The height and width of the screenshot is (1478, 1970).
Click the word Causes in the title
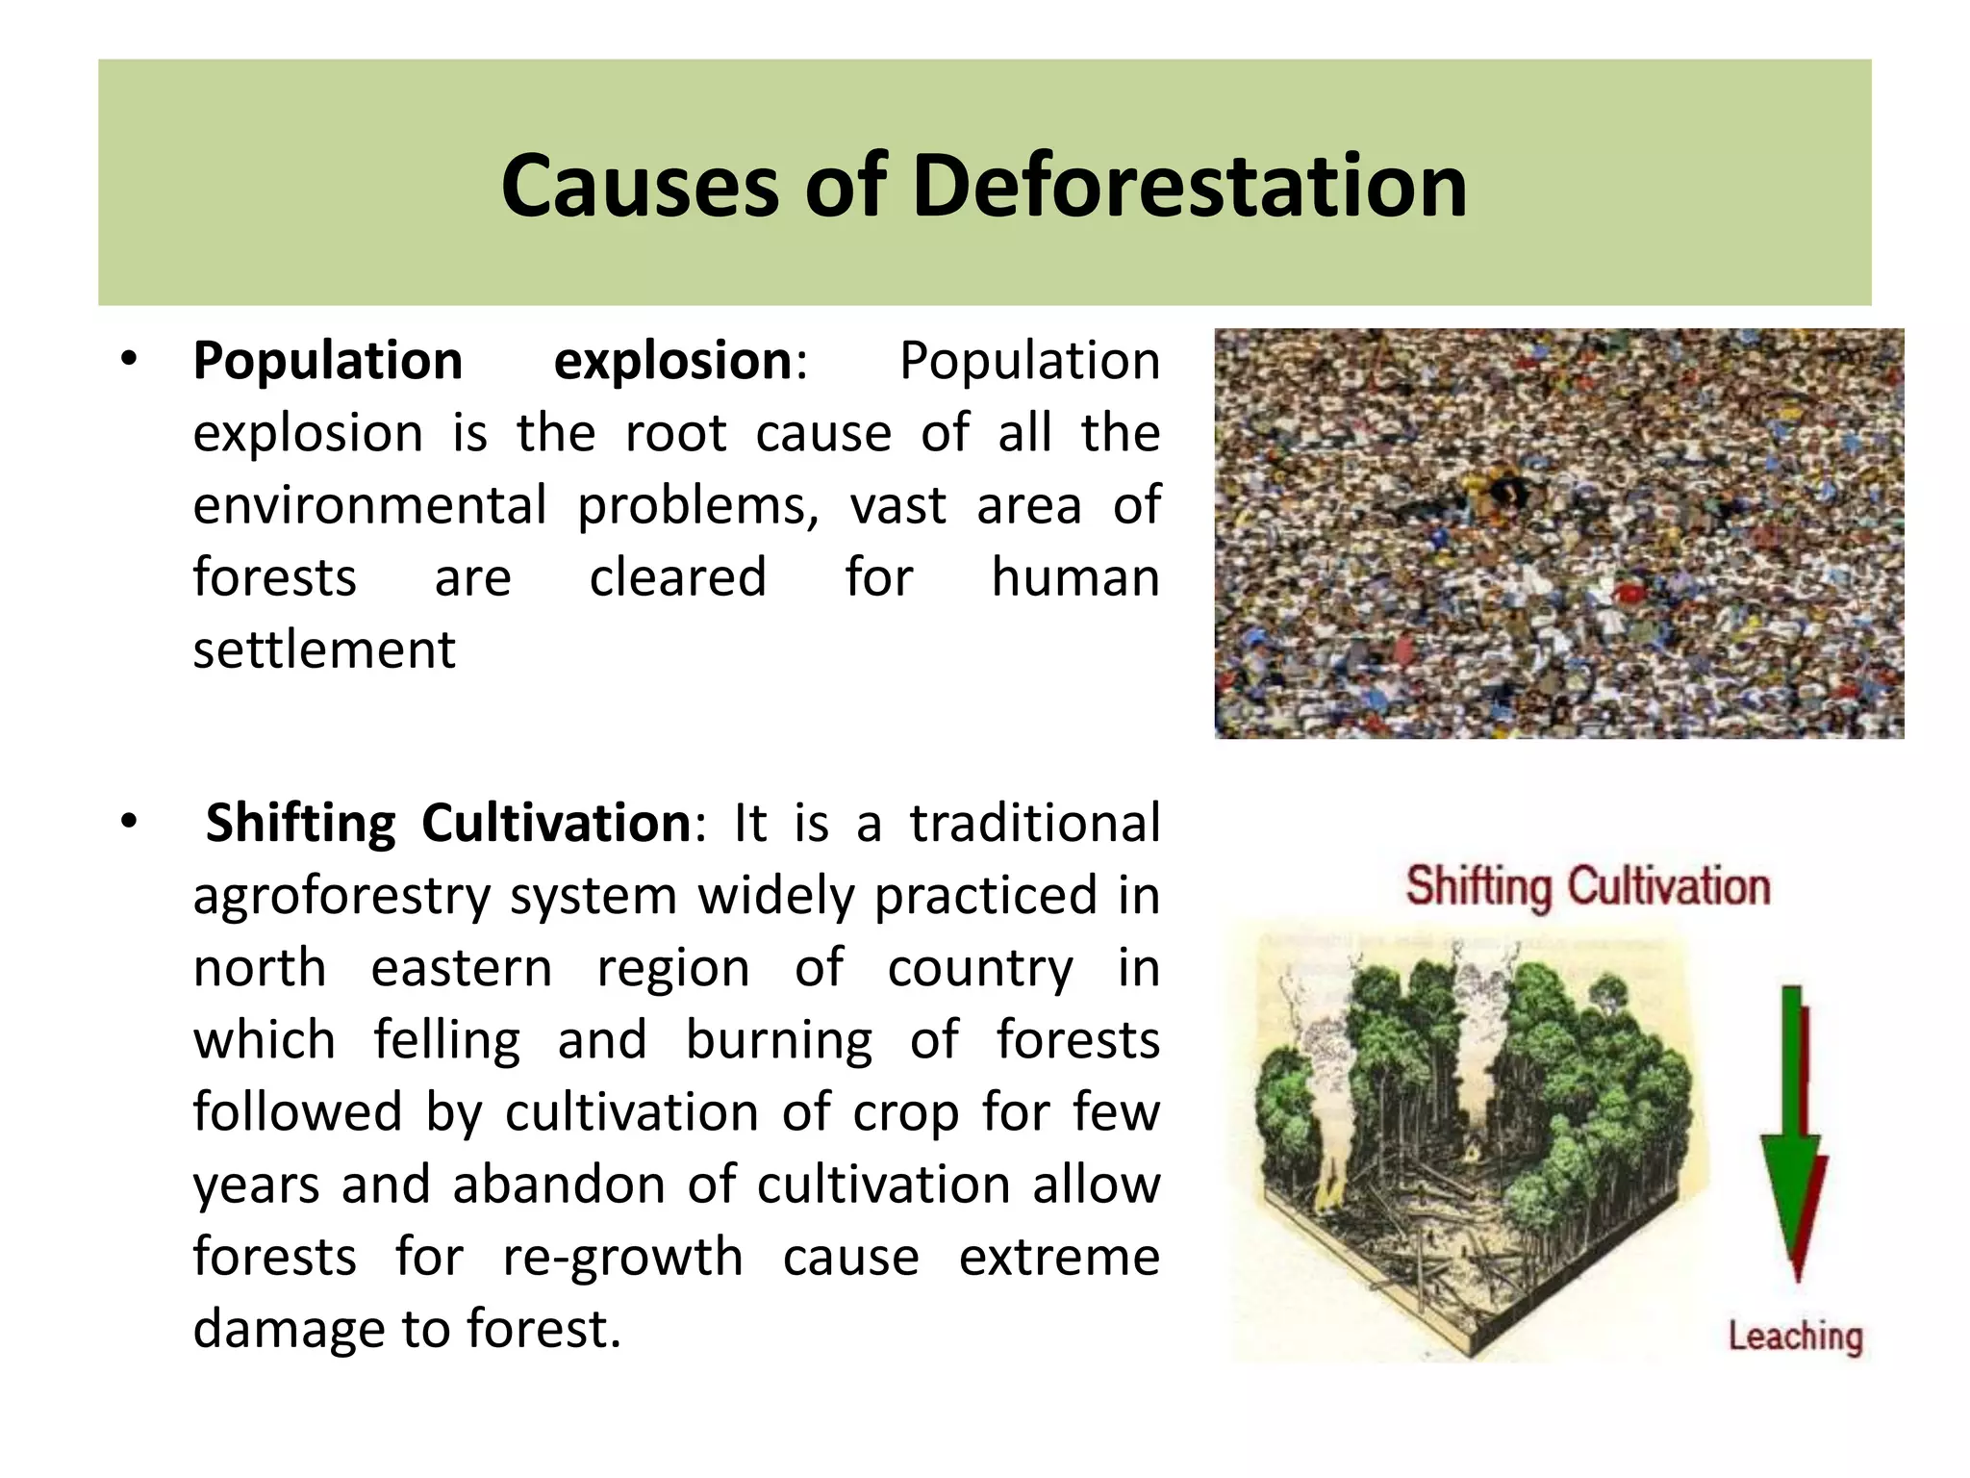point(641,186)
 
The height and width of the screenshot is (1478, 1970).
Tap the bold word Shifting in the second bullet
point(300,825)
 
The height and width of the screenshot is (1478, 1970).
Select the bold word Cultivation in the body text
point(556,825)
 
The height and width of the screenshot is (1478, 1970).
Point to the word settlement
point(324,650)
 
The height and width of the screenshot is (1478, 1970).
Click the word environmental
point(370,506)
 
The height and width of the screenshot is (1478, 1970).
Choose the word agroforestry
point(341,897)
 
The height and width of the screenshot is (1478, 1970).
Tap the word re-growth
point(622,1258)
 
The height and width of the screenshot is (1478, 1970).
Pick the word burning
point(778,1041)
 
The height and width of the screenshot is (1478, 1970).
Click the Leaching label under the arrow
point(1795,1337)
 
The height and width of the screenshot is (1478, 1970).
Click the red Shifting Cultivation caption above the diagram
point(1587,886)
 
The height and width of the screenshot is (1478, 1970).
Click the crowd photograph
point(1558,534)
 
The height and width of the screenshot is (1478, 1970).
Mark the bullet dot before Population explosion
point(130,361)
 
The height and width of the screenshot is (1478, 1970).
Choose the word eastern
point(462,969)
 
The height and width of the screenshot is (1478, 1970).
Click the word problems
point(697,506)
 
